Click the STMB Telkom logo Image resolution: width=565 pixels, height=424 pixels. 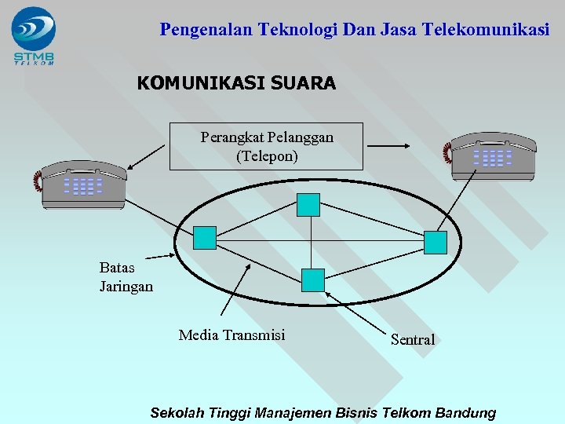coord(34,35)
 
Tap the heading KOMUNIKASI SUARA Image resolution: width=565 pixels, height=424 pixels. coord(236,82)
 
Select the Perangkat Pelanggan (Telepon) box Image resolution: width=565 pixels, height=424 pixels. coord(267,146)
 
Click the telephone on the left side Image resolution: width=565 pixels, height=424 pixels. coord(82,183)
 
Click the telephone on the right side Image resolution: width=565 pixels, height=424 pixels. coord(491,155)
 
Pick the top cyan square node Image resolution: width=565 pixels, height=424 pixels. coord(308,205)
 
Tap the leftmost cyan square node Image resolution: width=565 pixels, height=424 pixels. coord(205,238)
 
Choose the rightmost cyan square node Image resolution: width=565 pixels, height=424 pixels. coord(435,243)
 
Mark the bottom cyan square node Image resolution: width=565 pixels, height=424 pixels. coord(313,280)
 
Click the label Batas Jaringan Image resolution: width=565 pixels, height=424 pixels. coord(126,276)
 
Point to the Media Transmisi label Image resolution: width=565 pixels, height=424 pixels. coord(231,335)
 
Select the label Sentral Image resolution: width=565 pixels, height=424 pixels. coord(413,339)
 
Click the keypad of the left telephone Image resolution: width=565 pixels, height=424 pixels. coord(83,186)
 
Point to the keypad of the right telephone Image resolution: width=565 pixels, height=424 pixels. coord(493,158)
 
